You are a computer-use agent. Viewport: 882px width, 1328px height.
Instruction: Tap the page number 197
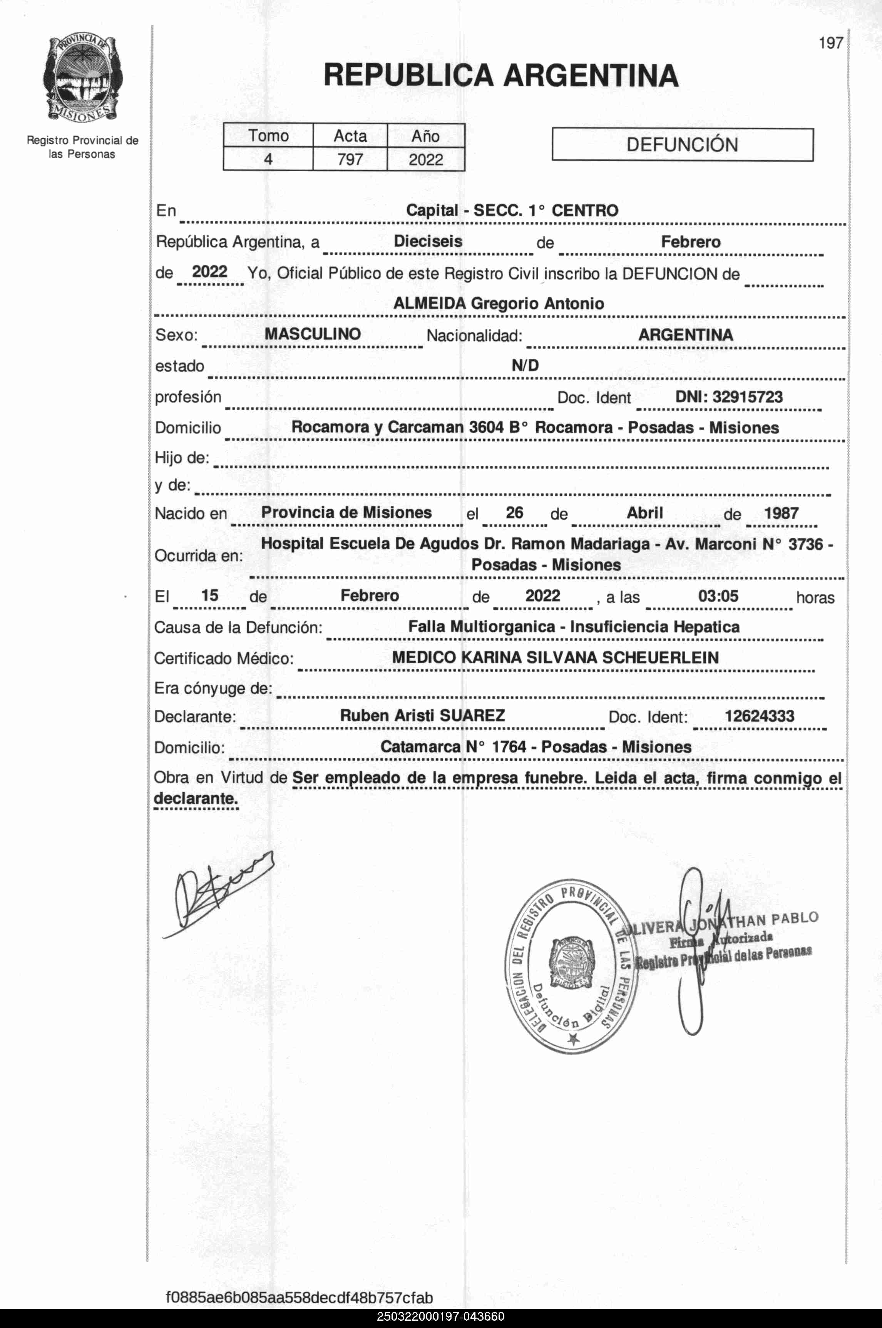click(830, 43)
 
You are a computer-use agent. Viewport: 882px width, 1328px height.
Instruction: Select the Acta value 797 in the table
click(350, 160)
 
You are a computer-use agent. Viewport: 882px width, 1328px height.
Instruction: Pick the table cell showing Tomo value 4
click(268, 160)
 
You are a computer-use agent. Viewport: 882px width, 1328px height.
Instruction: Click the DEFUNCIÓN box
click(682, 145)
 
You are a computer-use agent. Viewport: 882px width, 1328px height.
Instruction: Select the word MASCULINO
click(312, 334)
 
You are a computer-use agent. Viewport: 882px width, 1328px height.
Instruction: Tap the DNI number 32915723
click(748, 397)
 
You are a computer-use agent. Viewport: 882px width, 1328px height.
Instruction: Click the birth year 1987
click(781, 513)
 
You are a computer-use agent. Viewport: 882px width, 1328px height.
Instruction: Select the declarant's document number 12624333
click(759, 716)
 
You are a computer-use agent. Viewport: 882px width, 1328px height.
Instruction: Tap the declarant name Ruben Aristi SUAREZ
click(422, 716)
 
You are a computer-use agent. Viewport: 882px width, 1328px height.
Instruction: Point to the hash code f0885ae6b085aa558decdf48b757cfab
click(299, 1298)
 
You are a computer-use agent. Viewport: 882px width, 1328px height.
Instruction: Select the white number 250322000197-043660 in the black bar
click(440, 1317)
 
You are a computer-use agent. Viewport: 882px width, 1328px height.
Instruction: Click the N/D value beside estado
click(525, 366)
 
